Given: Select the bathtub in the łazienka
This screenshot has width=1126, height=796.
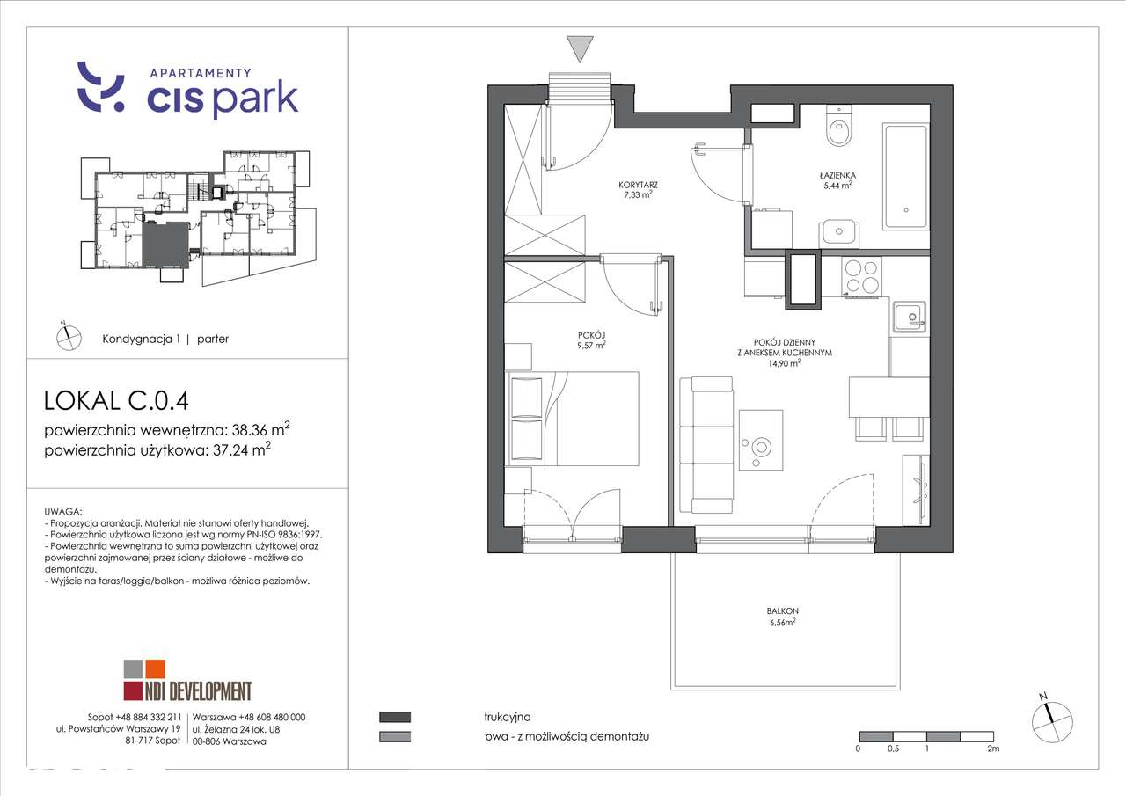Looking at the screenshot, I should pos(905,175).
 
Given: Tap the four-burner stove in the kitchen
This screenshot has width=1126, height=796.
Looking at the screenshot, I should pos(862,276).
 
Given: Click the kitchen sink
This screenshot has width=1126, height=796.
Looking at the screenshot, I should pos(907,316).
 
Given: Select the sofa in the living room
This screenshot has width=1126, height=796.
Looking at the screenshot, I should pos(712,444).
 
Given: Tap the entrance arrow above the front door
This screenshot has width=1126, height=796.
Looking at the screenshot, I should pos(579,48).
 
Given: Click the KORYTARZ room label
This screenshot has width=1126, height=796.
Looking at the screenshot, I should pos(639,186).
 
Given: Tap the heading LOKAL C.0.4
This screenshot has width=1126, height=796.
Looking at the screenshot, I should pos(116,401).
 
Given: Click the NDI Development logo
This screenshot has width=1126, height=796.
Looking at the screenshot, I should pos(187,680).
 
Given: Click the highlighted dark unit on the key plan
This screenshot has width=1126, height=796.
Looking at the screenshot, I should pos(166,243).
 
